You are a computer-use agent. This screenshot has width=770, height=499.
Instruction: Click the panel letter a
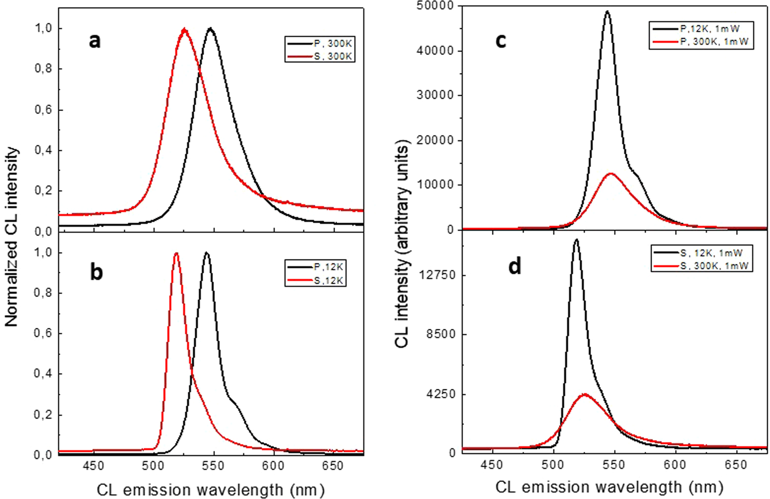pos(95,41)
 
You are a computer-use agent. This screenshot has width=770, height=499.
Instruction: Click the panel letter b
pos(96,272)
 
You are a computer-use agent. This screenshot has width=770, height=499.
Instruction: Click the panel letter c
pos(501,41)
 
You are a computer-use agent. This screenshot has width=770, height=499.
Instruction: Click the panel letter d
pos(515,266)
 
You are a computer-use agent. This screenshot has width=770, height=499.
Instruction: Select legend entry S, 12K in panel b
pos(329,280)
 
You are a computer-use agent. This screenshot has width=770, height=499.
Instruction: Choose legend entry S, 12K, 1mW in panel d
pos(711,253)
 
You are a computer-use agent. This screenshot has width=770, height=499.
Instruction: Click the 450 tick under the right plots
pos(492,465)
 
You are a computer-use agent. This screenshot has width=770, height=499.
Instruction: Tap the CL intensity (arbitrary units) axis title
pos(402,240)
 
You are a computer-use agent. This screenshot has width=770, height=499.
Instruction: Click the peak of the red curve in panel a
pos(184,30)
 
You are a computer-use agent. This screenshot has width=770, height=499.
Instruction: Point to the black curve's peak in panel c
pos(607,11)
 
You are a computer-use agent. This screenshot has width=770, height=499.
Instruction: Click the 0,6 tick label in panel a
pos(44,110)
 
